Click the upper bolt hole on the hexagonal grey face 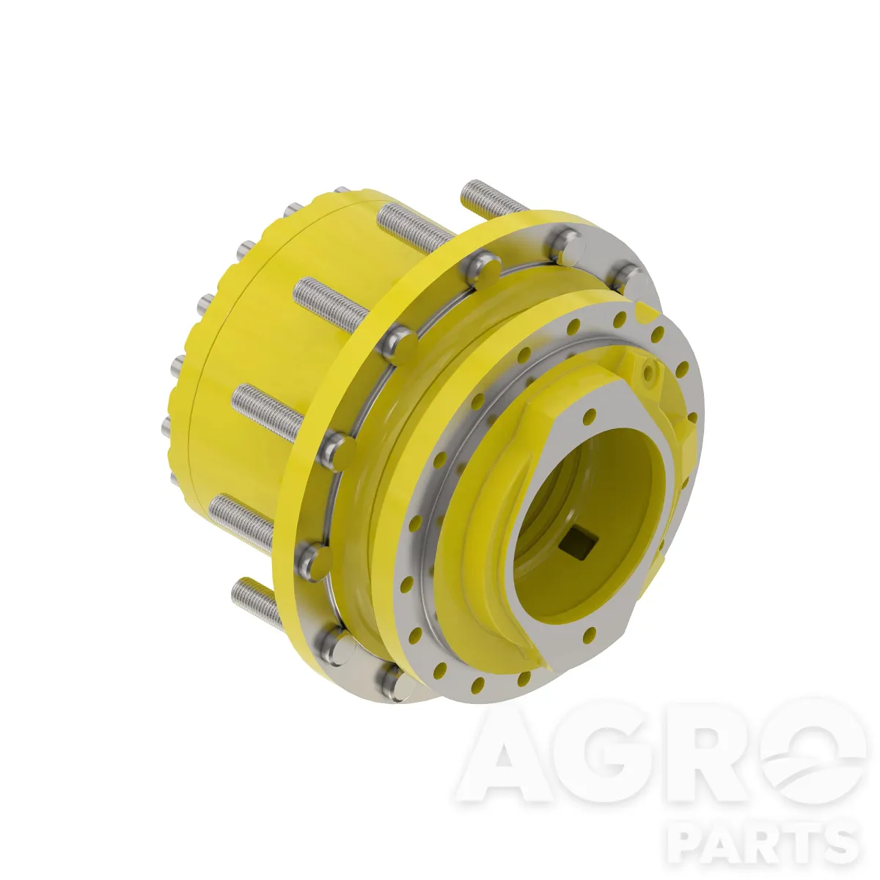click(x=590, y=416)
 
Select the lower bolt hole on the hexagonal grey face click(x=590, y=633)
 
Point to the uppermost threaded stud click(x=494, y=198)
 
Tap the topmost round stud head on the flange click(x=568, y=247)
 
